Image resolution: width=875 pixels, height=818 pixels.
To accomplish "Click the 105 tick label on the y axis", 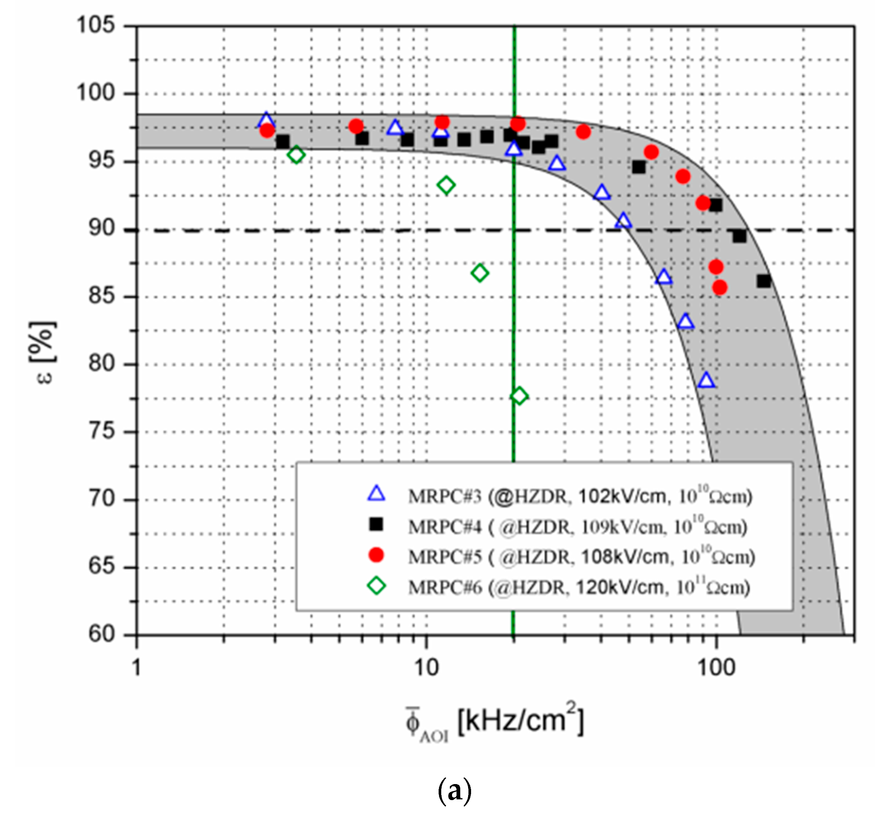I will point(95,25).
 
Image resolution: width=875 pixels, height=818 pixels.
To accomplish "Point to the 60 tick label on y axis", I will point(101,634).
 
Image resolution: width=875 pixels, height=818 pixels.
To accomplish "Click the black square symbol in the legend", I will point(376,524).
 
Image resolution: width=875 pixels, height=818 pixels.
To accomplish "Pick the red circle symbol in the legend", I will point(376,555).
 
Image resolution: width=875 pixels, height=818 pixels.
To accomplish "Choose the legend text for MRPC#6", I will point(579,587).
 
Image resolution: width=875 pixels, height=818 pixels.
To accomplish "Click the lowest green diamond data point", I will point(519,396).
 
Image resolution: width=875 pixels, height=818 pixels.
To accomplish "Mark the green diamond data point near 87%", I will point(480,273).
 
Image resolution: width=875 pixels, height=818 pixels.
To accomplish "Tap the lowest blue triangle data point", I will point(706,380).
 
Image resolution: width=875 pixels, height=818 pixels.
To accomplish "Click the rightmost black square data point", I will point(763,281).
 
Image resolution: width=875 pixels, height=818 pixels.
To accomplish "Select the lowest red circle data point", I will point(719,288).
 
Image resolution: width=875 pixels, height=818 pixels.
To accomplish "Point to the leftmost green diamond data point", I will point(296,154).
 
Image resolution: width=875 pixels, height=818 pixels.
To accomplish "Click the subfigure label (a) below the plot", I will point(455,790).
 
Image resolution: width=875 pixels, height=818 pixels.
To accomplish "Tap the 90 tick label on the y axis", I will point(101,229).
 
